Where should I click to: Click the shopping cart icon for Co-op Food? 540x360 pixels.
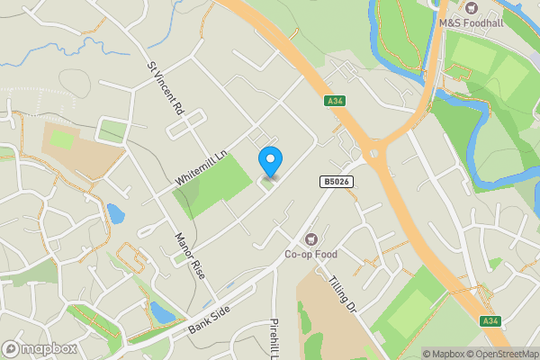(311, 238)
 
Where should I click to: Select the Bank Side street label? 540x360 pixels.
(211, 318)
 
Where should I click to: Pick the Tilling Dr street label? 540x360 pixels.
(343, 294)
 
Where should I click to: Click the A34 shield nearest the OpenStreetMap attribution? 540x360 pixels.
(490, 320)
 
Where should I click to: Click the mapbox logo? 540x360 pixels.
(40, 348)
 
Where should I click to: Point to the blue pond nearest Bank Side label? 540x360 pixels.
(161, 312)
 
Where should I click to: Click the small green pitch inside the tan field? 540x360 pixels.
(61, 140)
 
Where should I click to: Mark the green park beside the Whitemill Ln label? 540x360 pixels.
(215, 184)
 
